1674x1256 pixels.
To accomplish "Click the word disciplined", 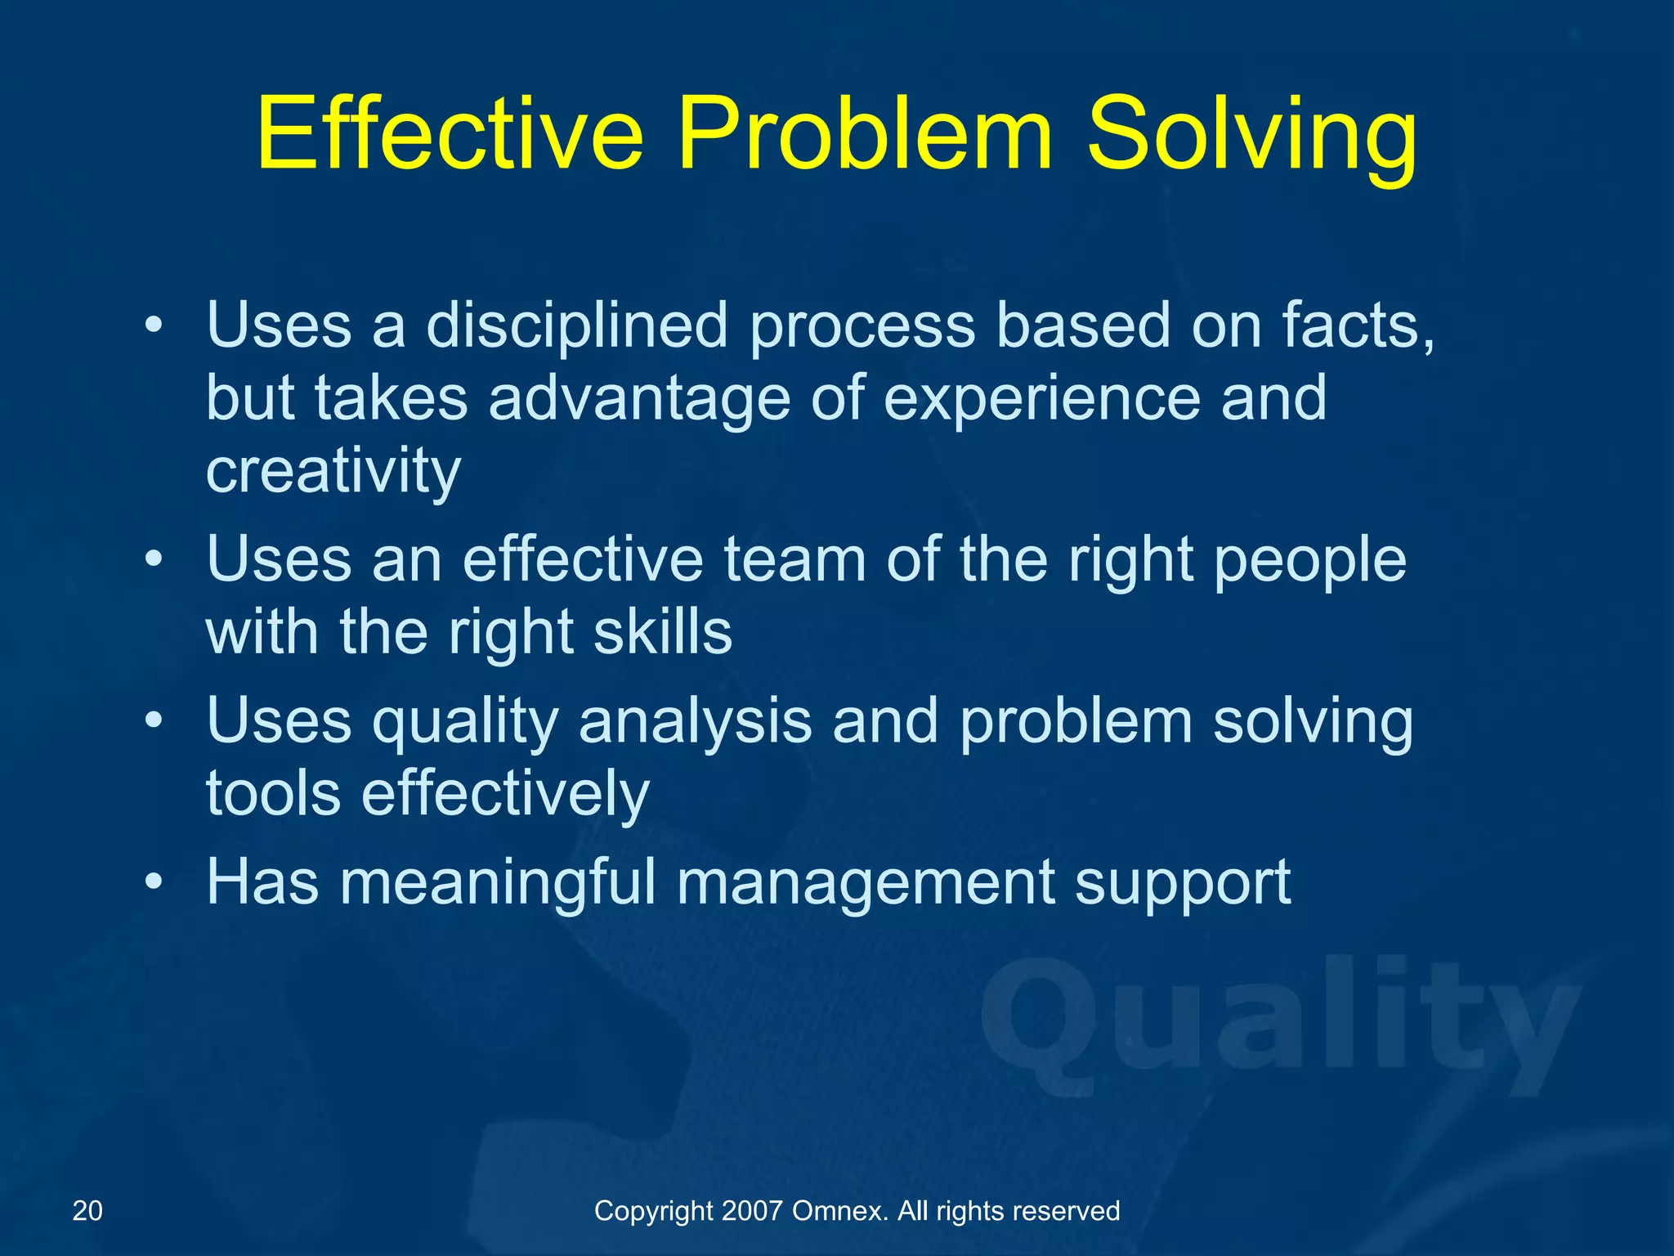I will (x=576, y=326).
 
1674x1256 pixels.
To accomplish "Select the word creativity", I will (x=333, y=472).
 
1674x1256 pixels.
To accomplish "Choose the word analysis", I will (x=695, y=722).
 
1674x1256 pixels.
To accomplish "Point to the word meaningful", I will (x=498, y=882).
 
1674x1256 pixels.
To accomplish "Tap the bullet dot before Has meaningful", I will (x=154, y=884).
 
